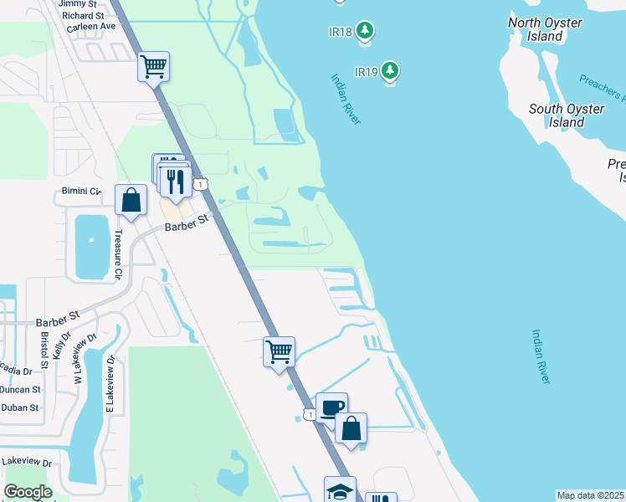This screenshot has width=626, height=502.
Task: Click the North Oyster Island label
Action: coord(546,29)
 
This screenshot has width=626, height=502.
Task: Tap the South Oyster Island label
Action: coord(567,115)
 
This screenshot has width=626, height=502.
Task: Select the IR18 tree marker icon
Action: coord(364,32)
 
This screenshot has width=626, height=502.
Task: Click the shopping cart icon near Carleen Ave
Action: coord(154,65)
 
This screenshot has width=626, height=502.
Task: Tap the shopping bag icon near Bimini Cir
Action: coord(131,200)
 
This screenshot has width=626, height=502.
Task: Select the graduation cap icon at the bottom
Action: coord(340,490)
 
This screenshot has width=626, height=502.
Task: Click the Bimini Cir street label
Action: coord(82,192)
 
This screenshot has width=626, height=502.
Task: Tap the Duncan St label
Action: coord(20,389)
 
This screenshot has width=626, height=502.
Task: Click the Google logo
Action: coord(28,492)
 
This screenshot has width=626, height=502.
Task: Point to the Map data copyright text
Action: coord(591,495)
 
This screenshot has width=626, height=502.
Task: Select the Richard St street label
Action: coord(83,15)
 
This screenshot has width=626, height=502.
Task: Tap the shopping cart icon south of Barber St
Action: coord(279,351)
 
